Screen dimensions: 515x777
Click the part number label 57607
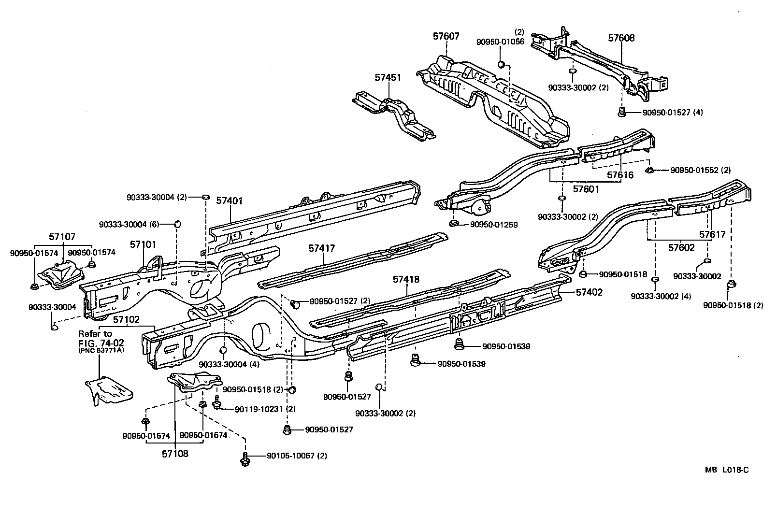tap(446, 36)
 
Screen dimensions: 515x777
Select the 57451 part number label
tap(388, 77)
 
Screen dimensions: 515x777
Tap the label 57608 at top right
tap(621, 38)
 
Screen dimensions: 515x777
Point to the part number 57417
tap(322, 248)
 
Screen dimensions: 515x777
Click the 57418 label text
tap(406, 279)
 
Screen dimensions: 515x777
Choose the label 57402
tap(589, 292)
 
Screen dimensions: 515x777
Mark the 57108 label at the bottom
tap(175, 454)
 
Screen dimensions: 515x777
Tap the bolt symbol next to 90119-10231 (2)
tap(217, 403)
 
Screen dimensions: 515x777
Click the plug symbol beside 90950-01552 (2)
tap(650, 170)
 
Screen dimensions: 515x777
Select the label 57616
tap(620, 175)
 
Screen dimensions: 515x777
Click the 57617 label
tap(712, 235)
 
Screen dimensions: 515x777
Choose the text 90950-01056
tap(500, 42)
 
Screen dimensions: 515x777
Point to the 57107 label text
tap(62, 237)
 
